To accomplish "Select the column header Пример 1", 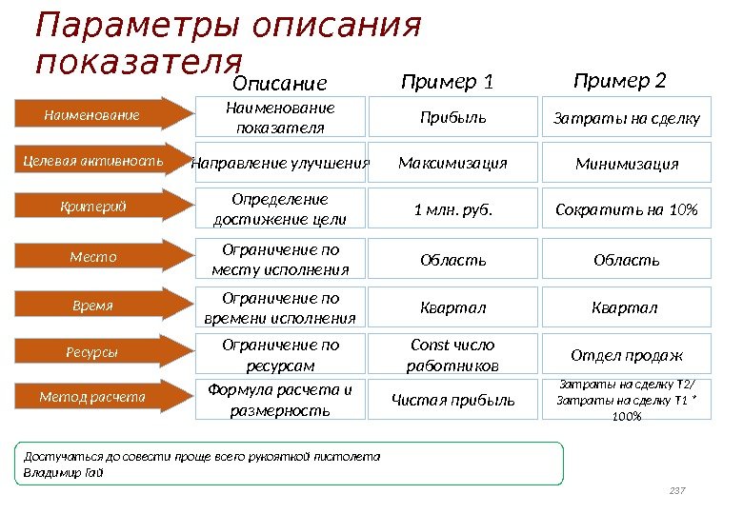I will tap(448, 82).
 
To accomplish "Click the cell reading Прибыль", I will tap(453, 118).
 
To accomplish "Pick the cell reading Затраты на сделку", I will tap(627, 119).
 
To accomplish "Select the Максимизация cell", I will tap(453, 163).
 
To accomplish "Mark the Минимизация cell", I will tap(627, 164).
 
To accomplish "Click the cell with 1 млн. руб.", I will tap(453, 210).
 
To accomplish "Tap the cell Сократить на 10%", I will tap(627, 210).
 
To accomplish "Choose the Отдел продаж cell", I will tap(627, 356).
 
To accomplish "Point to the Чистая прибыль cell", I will tap(453, 401).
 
